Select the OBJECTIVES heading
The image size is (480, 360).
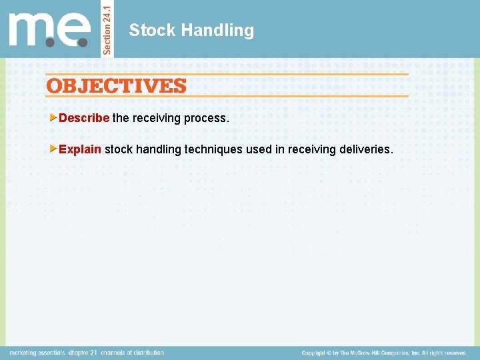[117, 85]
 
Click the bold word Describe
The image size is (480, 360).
[84, 118]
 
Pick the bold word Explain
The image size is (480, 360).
[80, 149]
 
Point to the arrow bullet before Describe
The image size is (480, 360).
[54, 118]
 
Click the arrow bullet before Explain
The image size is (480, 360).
[54, 149]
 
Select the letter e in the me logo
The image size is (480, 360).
[73, 30]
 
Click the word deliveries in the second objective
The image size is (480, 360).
[365, 149]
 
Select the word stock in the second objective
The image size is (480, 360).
[119, 149]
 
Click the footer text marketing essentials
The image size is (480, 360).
[37, 353]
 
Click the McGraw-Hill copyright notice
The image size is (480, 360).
[384, 353]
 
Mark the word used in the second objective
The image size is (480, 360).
[259, 149]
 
